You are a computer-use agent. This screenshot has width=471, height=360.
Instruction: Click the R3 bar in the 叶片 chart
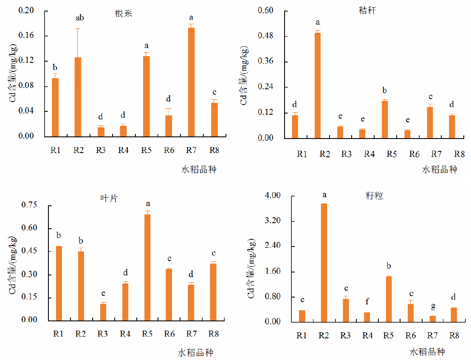103,312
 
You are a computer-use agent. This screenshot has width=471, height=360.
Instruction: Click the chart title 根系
124,14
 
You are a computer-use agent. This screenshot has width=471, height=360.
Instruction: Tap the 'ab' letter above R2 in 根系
79,18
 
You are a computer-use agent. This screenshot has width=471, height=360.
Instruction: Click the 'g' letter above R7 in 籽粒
432,306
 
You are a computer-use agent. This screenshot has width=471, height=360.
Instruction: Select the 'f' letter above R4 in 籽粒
367,302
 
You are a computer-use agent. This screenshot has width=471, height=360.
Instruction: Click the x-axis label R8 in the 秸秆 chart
459,154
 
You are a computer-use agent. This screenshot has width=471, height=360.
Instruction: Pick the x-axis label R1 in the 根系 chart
55,150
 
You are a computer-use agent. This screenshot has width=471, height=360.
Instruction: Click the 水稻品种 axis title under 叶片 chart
195,353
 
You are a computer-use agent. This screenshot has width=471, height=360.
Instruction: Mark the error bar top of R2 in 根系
78,29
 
